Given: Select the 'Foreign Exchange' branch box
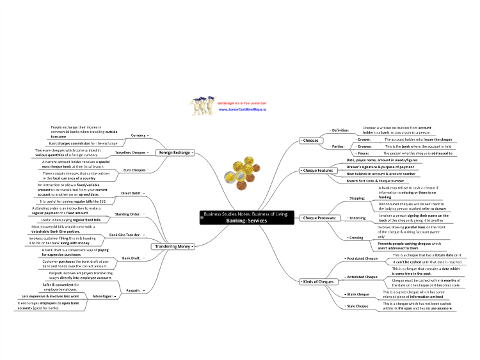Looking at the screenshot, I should (x=174, y=153).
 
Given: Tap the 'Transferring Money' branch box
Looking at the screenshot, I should (x=172, y=246).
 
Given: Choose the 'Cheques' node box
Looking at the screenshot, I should (x=311, y=140).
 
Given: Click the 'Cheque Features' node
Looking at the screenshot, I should (x=317, y=171).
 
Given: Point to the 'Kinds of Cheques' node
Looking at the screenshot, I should (x=317, y=281).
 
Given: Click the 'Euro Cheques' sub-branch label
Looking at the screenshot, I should (x=134, y=170).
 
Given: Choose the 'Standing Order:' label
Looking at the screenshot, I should (x=129, y=214).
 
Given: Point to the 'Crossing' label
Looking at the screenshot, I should (x=355, y=237).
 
